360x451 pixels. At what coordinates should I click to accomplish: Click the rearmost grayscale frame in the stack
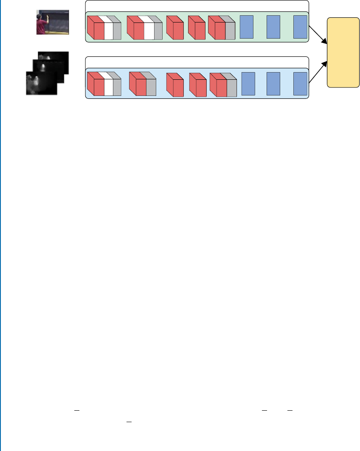point(53,59)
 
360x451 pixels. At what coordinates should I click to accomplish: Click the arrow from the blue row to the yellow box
point(318,72)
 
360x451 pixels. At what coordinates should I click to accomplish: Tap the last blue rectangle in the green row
point(300,27)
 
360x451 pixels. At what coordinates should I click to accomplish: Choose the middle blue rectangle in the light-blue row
point(273,84)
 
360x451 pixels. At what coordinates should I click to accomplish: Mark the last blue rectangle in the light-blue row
point(300,84)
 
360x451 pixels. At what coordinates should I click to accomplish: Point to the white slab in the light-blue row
point(109,87)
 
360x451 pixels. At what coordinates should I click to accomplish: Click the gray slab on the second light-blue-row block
point(151,87)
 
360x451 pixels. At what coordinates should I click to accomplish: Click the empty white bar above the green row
point(197,6)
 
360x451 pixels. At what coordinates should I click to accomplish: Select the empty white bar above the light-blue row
point(197,62)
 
